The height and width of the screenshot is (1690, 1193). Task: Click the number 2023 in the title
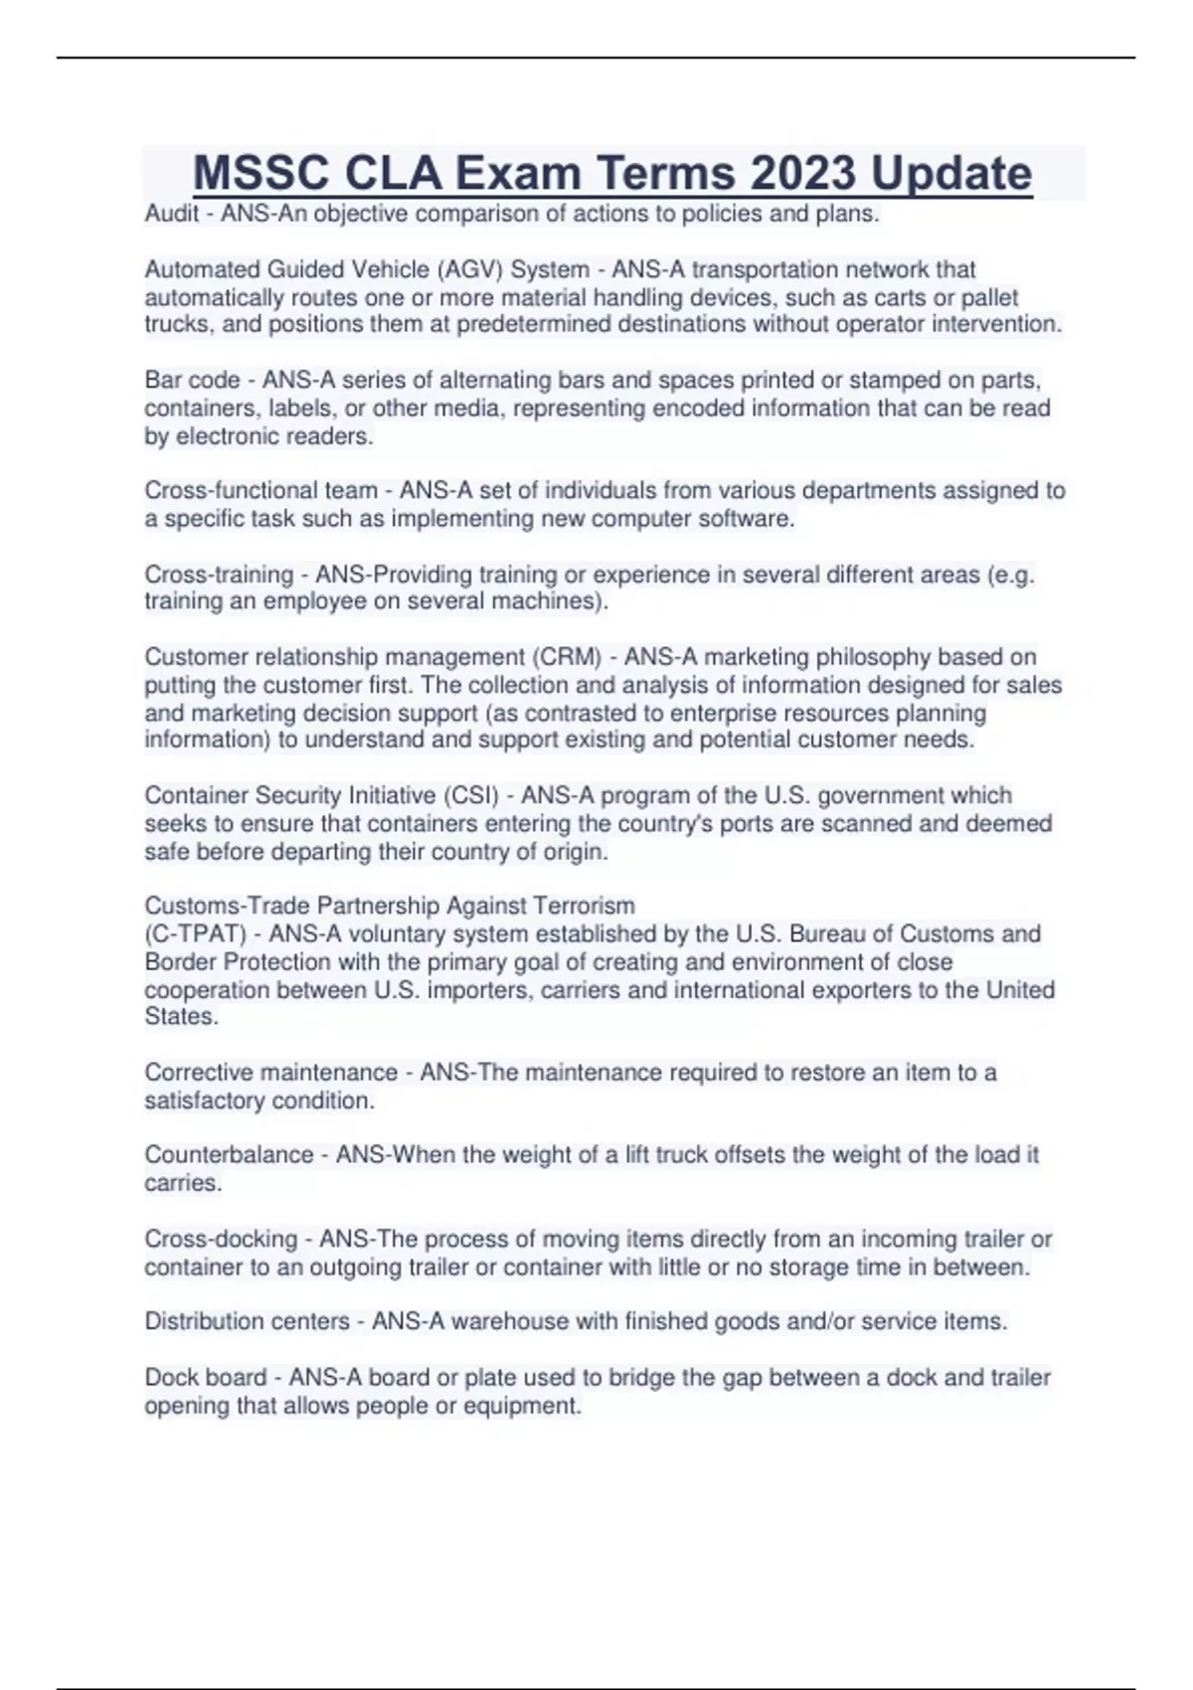pyautogui.click(x=804, y=173)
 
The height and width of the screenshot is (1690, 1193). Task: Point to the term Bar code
pyautogui.click(x=192, y=380)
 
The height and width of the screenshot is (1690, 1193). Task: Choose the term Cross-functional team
pyautogui.click(x=260, y=490)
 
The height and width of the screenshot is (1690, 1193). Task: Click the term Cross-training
pyautogui.click(x=219, y=575)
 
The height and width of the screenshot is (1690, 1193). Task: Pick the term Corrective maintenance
pyautogui.click(x=270, y=1073)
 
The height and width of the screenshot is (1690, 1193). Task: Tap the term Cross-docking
pyautogui.click(x=221, y=1240)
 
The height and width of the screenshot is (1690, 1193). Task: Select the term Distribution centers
pyautogui.click(x=247, y=1321)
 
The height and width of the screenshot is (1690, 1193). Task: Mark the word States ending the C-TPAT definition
pyautogui.click(x=180, y=1017)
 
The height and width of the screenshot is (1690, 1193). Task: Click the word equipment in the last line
pyautogui.click(x=529, y=1406)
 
